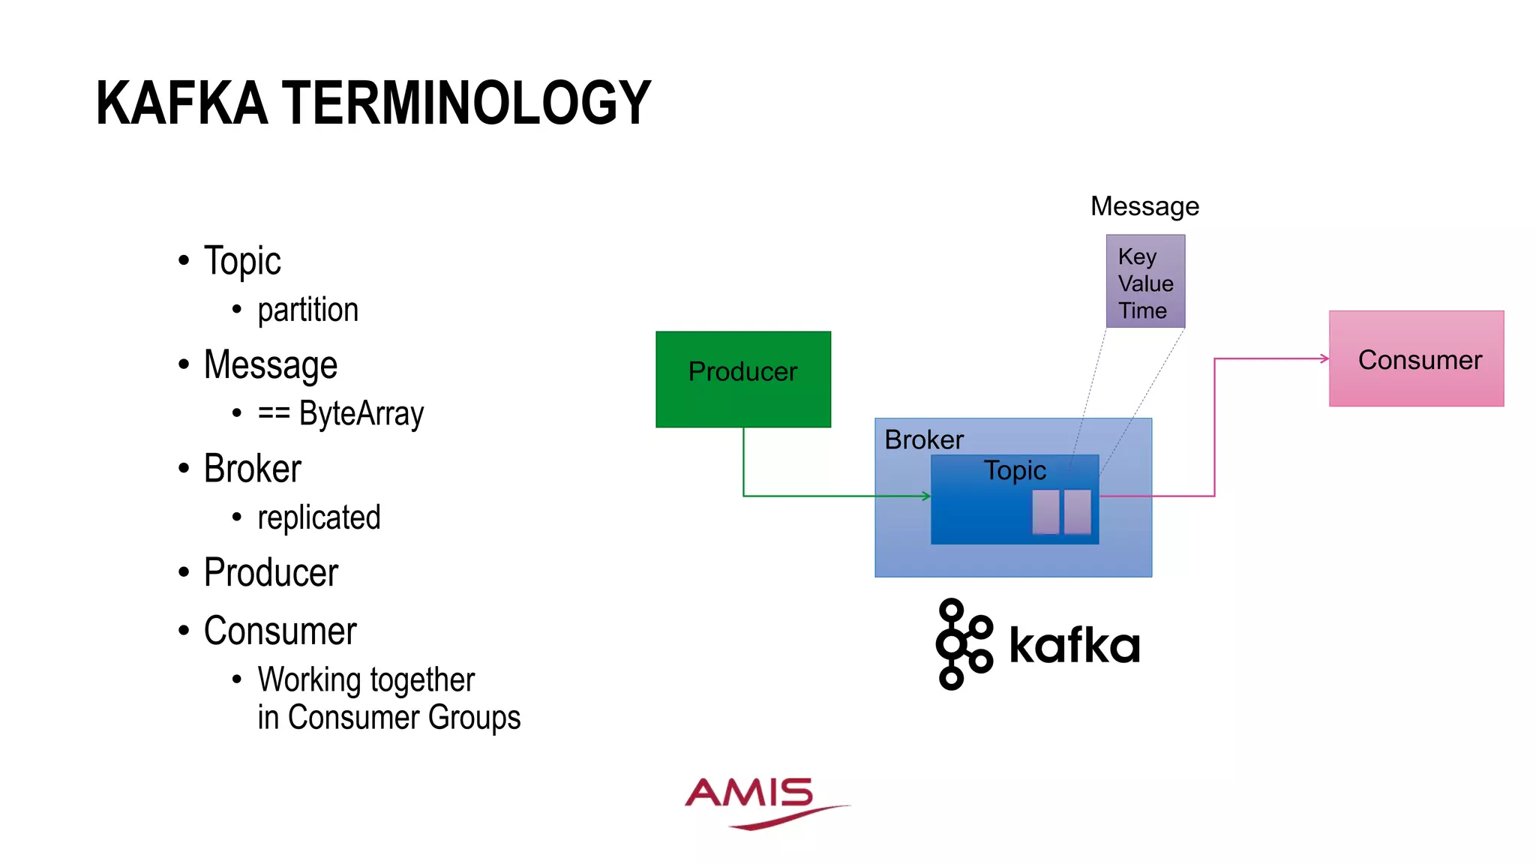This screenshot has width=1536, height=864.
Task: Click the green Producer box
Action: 742,379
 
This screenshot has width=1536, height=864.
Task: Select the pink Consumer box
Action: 1416,359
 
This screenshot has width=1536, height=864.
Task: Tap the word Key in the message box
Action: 1137,256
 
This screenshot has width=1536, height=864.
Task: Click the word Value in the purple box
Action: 1145,283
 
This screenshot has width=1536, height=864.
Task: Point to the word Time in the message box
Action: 1142,310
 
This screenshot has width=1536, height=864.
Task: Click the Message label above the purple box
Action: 1144,206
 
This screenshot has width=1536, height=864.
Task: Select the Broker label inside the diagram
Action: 924,439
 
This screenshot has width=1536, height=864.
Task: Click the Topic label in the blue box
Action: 1015,470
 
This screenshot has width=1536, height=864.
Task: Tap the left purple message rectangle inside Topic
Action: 1045,511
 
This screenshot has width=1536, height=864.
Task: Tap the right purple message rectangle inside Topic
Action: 1077,511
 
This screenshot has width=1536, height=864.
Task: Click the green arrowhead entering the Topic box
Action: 927,496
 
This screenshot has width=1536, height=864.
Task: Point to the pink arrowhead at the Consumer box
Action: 1324,358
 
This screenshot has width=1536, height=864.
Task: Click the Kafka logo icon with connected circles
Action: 963,643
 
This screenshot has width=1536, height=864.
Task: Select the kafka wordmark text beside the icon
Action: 1074,645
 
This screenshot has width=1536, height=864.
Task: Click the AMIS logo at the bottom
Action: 757,801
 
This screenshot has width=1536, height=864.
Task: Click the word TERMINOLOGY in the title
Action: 466,103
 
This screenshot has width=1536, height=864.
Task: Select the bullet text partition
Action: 307,310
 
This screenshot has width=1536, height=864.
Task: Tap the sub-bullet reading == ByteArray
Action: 340,413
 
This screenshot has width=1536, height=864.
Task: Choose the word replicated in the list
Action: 319,517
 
